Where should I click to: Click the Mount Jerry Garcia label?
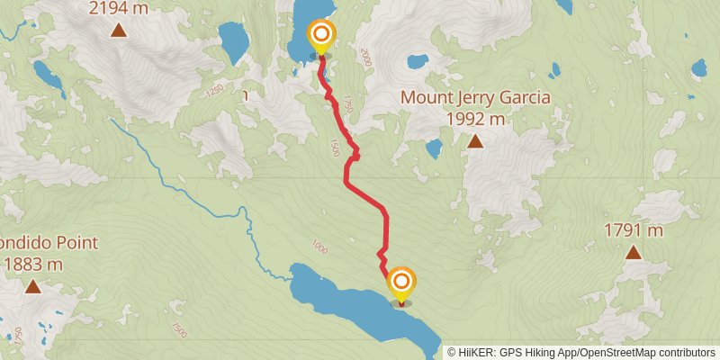(x=475, y=97)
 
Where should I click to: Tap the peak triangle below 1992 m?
(x=475, y=140)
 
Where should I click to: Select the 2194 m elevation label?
(x=118, y=9)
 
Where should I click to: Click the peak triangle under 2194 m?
(x=118, y=31)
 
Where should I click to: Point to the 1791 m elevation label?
(x=633, y=231)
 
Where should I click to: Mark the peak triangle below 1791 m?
(x=634, y=253)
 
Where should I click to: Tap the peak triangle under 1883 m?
(x=33, y=287)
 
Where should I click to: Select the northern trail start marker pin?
(x=321, y=38)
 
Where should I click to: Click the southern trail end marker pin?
(x=400, y=285)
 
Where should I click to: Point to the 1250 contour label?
(x=213, y=90)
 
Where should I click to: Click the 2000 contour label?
(x=364, y=57)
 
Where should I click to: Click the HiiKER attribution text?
(x=581, y=352)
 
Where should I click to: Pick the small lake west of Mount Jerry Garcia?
(x=434, y=148)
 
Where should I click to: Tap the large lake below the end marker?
(x=360, y=306)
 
